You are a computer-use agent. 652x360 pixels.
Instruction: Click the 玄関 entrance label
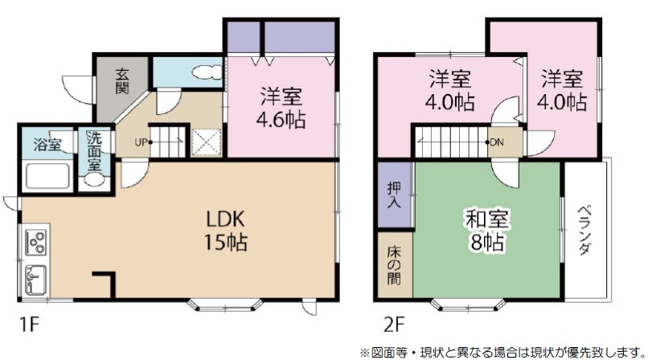(x=122, y=80)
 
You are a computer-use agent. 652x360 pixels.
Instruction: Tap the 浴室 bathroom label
(x=47, y=145)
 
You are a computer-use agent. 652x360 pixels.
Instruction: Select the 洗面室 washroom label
(x=94, y=149)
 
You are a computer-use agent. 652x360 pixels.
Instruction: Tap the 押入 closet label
(x=395, y=197)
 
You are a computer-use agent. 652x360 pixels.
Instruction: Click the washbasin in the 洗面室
(x=93, y=180)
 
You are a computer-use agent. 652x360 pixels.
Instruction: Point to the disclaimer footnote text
(x=502, y=350)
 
